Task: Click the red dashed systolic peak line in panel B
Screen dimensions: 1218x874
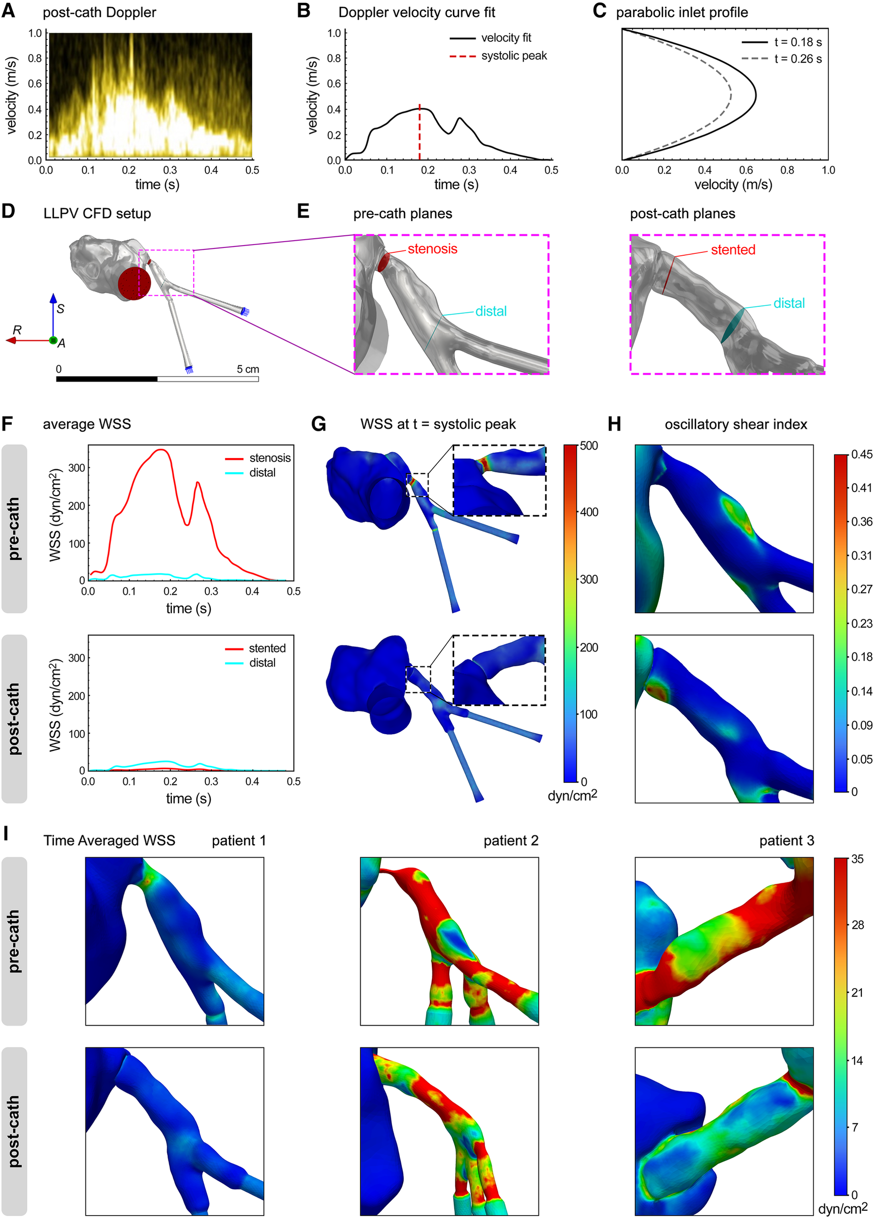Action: click(x=419, y=134)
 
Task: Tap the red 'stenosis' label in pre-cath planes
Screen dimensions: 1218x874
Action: click(x=432, y=249)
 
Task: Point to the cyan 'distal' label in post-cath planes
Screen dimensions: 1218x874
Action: click(x=788, y=304)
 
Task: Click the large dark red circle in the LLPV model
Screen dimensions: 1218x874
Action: click(x=134, y=284)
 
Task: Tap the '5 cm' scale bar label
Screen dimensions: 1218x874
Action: click(x=247, y=369)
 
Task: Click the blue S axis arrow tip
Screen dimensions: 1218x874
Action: click(x=53, y=297)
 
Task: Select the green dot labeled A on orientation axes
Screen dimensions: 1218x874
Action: click(x=53, y=341)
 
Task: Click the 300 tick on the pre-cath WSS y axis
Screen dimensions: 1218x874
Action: click(x=77, y=468)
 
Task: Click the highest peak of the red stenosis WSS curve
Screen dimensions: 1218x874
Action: click(x=160, y=450)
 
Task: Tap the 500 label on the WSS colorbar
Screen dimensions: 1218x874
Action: click(x=589, y=446)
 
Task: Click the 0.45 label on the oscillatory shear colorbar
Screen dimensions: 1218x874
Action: click(x=861, y=455)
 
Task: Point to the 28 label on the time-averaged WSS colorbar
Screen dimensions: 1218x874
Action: click(x=858, y=925)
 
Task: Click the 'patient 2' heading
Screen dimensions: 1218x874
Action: click(x=511, y=840)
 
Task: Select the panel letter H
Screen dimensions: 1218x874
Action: click(x=614, y=424)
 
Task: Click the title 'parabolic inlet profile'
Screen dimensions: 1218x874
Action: click(x=681, y=12)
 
